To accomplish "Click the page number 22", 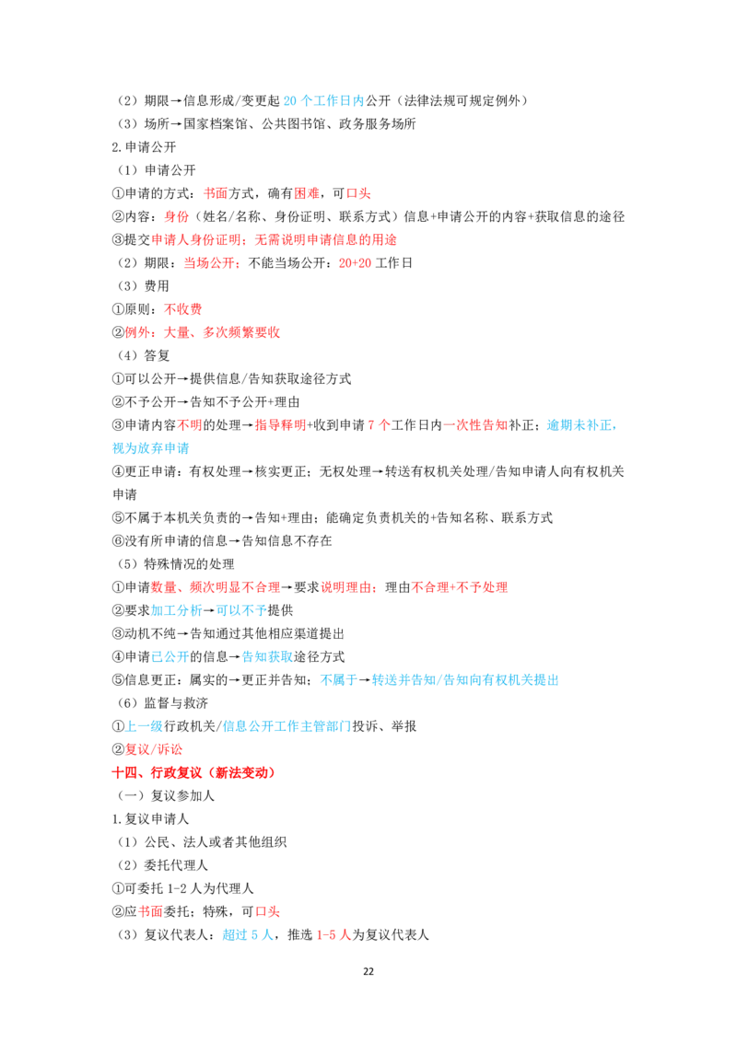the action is pos(368,971).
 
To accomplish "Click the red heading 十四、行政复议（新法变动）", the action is pos(193,772).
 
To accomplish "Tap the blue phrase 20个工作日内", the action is pos(324,100).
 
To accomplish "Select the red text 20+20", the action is pos(356,263).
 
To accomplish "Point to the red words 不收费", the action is pos(183,309).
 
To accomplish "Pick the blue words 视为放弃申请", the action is pos(150,448).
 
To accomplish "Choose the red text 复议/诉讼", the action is pos(154,749).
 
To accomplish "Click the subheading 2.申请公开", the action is pos(144,147).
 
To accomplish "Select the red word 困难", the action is pos(307,193).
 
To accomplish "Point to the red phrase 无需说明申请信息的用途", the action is pos(326,240).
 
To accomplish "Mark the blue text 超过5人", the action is pos(248,935).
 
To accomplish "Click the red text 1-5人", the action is pos(333,935).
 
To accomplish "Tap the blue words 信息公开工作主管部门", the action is pos(287,726).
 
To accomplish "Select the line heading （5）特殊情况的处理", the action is pos(176,564).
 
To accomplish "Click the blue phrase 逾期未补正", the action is pos(579,425).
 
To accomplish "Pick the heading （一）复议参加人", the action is pos(166,795).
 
